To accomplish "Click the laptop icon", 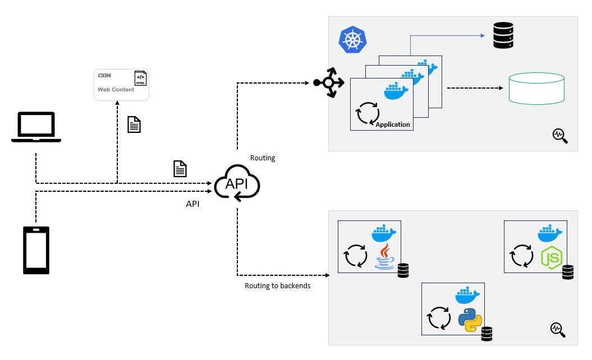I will point(36,126).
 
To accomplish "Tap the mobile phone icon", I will point(36,250).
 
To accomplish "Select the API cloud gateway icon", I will point(237,182).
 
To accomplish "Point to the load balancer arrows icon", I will point(329,83).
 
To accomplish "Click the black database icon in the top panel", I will point(503,35).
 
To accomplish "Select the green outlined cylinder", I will point(536,88).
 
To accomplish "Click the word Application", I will point(393,124).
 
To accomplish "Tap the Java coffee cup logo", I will point(384,257).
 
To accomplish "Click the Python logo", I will point(470,320).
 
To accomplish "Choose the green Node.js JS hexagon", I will point(551,257).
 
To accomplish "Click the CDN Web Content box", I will point(121,85).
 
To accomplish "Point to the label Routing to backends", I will point(277,285).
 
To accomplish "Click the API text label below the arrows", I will point(192,204).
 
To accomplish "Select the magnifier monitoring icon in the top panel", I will point(559,135).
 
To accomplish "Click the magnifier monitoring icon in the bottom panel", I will point(557,329).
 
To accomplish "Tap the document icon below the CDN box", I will point(134,124).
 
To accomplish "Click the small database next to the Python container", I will point(487,334).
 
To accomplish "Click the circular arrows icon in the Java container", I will point(355,256).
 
